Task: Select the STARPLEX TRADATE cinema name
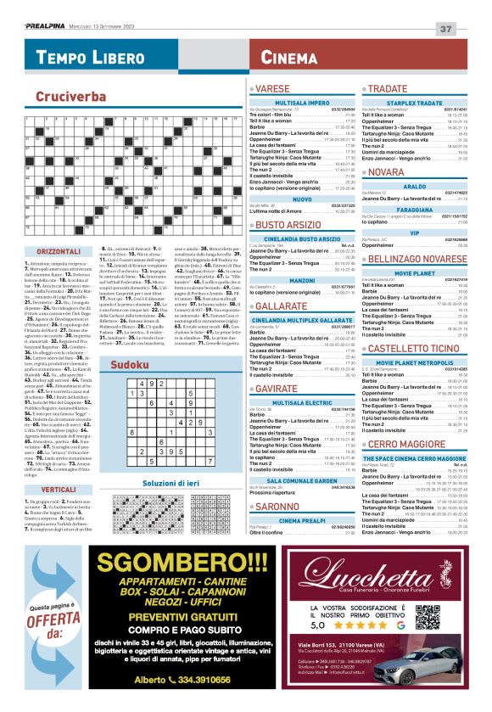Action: click(415, 102)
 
